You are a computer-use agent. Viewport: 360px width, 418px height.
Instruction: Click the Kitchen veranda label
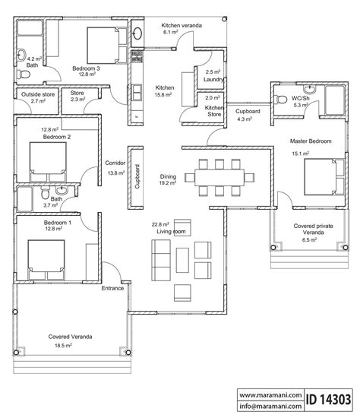(182, 26)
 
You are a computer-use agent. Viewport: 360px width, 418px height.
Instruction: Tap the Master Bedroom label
(308, 141)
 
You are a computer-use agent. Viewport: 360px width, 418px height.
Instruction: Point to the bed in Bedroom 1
(46, 258)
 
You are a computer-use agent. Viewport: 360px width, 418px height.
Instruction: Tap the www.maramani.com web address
(267, 394)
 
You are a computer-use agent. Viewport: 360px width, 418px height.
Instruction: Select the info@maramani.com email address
(267, 406)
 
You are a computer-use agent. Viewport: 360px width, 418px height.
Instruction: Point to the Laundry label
(213, 78)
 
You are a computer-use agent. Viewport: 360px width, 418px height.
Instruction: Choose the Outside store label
(31, 94)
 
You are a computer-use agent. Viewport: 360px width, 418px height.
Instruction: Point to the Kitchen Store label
(213, 112)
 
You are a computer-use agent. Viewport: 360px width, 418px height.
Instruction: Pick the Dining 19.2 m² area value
(168, 182)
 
